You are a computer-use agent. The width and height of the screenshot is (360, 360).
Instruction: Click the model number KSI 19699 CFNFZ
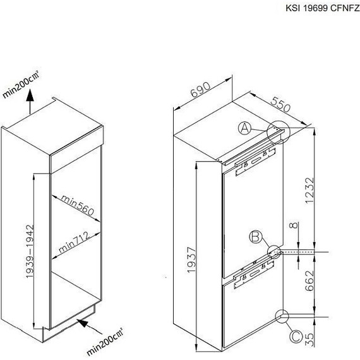pyautogui.click(x=323, y=8)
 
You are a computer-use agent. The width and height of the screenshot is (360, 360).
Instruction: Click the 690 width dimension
pyautogui.click(x=200, y=90)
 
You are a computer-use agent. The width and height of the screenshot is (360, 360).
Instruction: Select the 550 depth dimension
pyautogui.click(x=280, y=104)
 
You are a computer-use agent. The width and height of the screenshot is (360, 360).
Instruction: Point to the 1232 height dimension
pyautogui.click(x=309, y=190)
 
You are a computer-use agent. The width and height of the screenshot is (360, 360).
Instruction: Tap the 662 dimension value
pyautogui.click(x=309, y=281)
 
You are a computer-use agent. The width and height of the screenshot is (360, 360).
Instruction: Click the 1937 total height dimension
pyautogui.click(x=191, y=260)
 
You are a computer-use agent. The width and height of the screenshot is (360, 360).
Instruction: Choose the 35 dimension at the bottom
pyautogui.click(x=309, y=339)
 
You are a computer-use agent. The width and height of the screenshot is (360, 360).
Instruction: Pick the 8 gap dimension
pyautogui.click(x=294, y=225)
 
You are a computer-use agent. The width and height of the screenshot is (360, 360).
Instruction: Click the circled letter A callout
pyautogui.click(x=245, y=128)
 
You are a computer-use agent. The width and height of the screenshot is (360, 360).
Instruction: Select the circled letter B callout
pyautogui.click(x=256, y=237)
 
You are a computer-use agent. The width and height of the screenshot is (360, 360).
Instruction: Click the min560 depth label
pyautogui.click(x=78, y=205)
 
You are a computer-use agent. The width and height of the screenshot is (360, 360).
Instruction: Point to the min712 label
pyautogui.click(x=74, y=242)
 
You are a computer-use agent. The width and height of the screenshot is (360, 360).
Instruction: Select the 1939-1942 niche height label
pyautogui.click(x=30, y=251)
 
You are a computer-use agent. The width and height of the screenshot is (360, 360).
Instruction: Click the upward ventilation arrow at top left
pyautogui.click(x=30, y=102)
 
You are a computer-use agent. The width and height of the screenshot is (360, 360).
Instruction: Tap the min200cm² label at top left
pyautogui.click(x=21, y=84)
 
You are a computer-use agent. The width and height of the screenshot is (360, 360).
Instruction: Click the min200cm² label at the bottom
pyautogui.click(x=105, y=342)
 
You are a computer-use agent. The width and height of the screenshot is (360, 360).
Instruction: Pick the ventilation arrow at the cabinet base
pyautogui.click(x=90, y=327)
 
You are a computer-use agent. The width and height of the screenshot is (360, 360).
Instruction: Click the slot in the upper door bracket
pyautogui.click(x=256, y=161)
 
